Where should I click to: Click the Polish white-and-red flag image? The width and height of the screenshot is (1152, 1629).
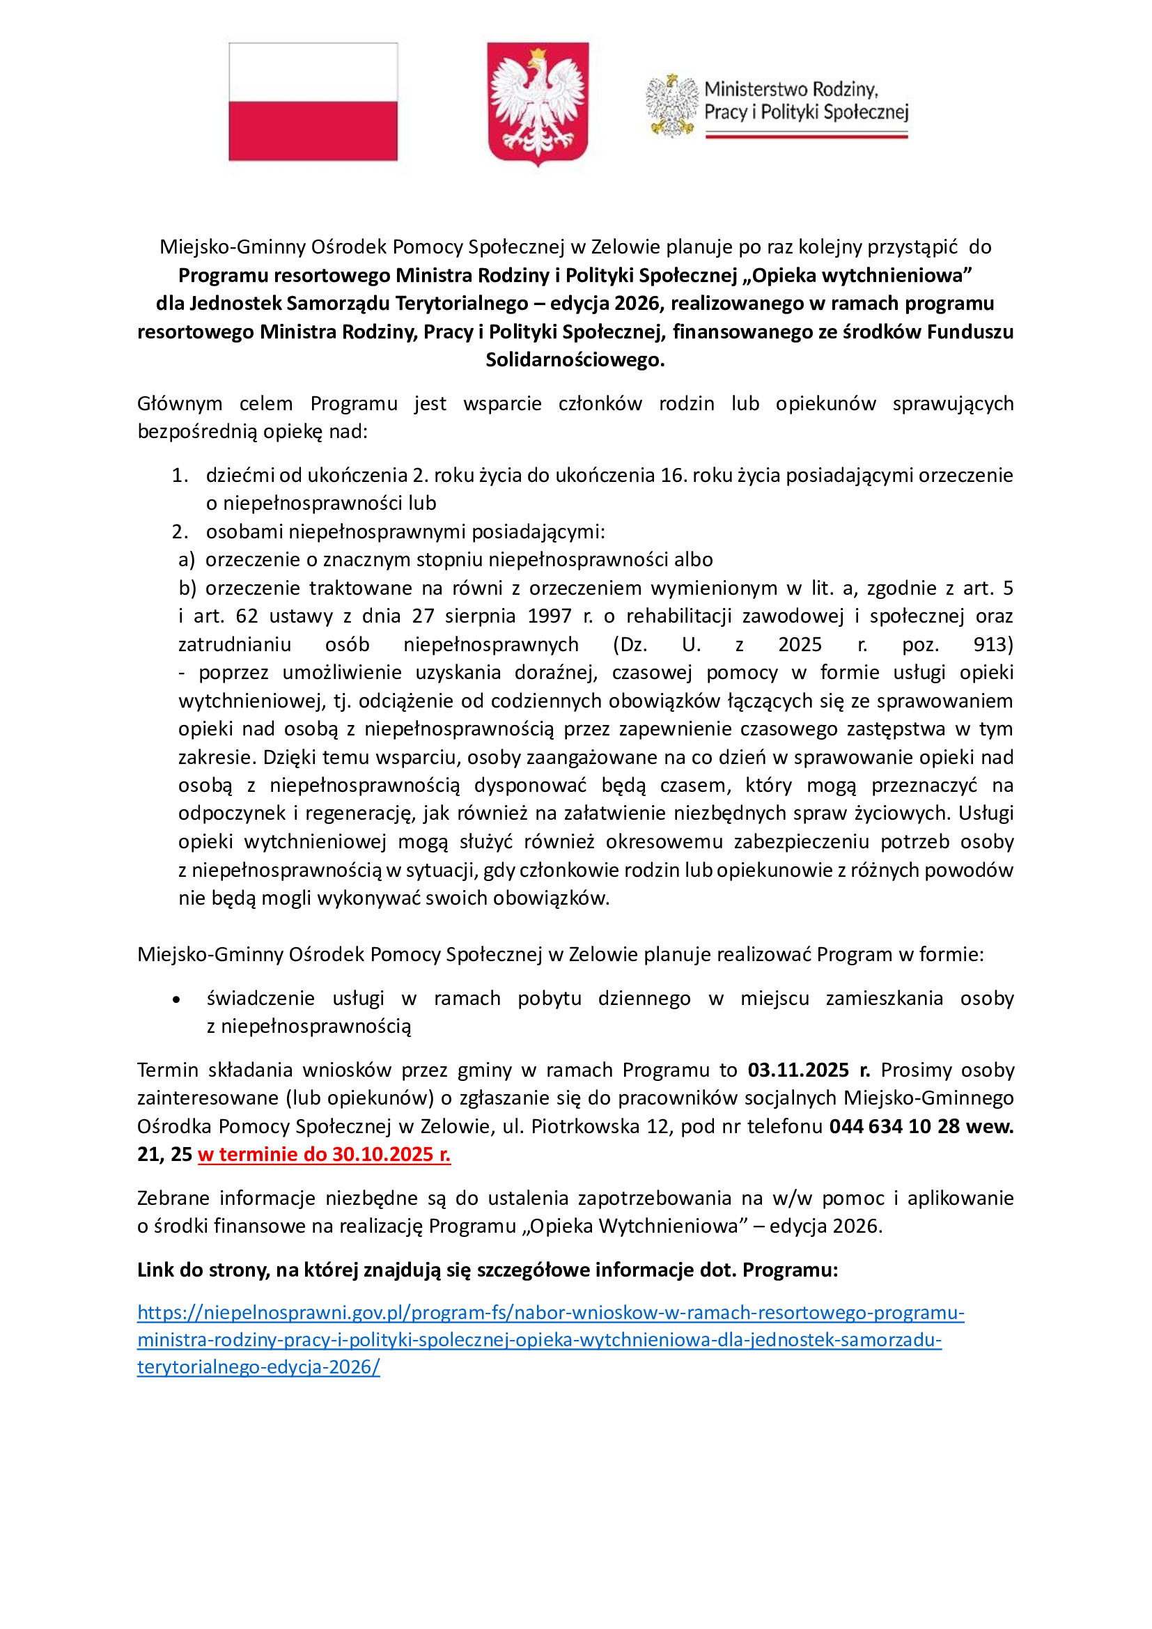pyautogui.click(x=313, y=102)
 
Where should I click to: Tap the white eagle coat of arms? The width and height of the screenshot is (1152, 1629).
pyautogui.click(x=538, y=103)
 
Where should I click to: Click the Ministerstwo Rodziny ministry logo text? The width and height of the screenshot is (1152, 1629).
pyautogui.click(x=806, y=101)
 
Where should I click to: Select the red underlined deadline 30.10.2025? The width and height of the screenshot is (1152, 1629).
pyautogui.click(x=324, y=1154)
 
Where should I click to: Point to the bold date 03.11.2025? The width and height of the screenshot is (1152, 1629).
pyautogui.click(x=798, y=1070)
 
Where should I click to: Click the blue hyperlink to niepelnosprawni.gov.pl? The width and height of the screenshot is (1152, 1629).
pyautogui.click(x=550, y=1313)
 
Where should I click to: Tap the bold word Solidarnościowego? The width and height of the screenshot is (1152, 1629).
pyautogui.click(x=575, y=359)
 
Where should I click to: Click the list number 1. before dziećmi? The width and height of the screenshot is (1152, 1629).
pyautogui.click(x=180, y=476)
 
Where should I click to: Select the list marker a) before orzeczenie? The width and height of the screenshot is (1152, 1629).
pyautogui.click(x=187, y=560)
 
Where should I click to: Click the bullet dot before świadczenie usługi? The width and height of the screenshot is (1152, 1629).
pyautogui.click(x=176, y=999)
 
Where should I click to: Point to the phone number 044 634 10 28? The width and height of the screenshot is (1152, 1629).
pyautogui.click(x=905, y=1126)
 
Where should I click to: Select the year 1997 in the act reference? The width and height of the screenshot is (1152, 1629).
pyautogui.click(x=549, y=616)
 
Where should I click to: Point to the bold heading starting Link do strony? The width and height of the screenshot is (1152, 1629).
pyautogui.click(x=488, y=1270)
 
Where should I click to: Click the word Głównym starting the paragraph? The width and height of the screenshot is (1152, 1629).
pyautogui.click(x=180, y=404)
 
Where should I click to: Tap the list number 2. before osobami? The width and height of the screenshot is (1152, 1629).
pyautogui.click(x=180, y=531)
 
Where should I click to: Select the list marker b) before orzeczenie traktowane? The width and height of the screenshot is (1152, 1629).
pyautogui.click(x=187, y=589)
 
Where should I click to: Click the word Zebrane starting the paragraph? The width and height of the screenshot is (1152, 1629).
pyautogui.click(x=172, y=1199)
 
